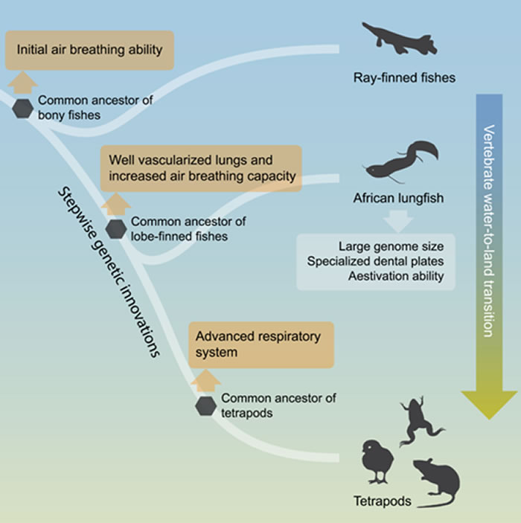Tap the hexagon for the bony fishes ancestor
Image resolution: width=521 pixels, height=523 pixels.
[x=23, y=109]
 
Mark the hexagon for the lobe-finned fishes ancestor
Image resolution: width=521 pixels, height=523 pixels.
[x=116, y=229]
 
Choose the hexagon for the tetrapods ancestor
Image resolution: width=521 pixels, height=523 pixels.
[x=206, y=406]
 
